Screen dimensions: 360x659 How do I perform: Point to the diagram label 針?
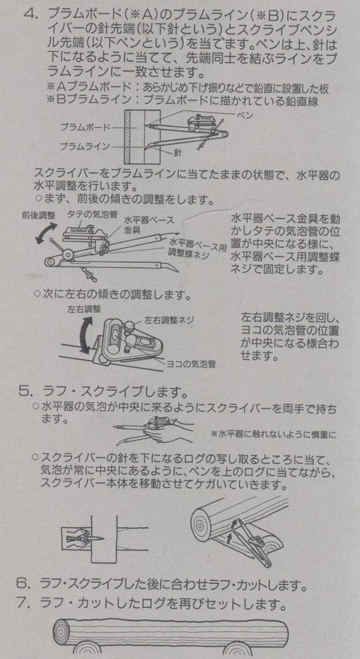click(x=177, y=153)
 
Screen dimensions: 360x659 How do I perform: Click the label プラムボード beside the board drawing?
click(x=85, y=127)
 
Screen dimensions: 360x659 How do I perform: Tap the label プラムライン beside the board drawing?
click(x=85, y=146)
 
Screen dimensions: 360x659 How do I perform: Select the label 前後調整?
click(x=39, y=215)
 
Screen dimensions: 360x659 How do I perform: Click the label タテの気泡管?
click(x=92, y=214)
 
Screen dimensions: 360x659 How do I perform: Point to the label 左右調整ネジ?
click(x=169, y=320)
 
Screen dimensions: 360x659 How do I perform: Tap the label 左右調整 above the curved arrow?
click(x=85, y=309)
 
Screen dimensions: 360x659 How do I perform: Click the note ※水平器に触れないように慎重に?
click(x=274, y=434)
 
